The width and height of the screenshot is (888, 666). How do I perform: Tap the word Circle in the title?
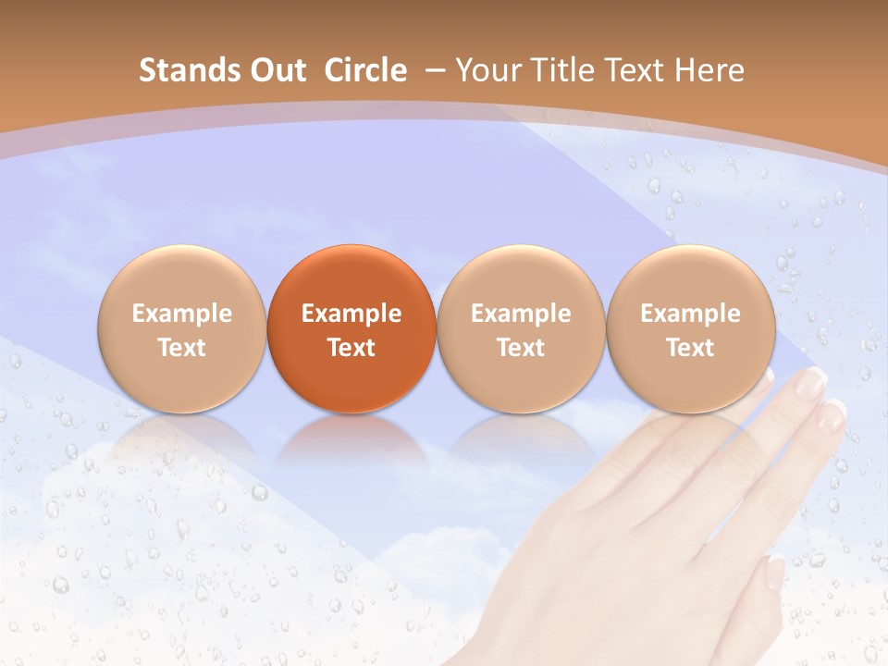pyautogui.click(x=365, y=70)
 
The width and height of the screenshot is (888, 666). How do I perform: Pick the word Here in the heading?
pyautogui.click(x=710, y=70)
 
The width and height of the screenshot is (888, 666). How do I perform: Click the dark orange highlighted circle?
pyautogui.click(x=351, y=328)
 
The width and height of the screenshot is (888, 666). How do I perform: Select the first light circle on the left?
pyautogui.click(x=182, y=328)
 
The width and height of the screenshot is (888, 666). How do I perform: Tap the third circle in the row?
pyautogui.click(x=521, y=328)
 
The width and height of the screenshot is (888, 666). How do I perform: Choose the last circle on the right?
pyautogui.click(x=690, y=328)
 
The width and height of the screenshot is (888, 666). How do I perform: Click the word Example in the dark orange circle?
pyautogui.click(x=351, y=314)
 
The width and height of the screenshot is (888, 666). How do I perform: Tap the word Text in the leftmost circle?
pyautogui.click(x=182, y=348)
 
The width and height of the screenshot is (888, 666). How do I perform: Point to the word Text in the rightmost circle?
pyautogui.click(x=690, y=348)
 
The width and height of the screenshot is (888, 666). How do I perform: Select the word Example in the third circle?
pyautogui.click(x=521, y=314)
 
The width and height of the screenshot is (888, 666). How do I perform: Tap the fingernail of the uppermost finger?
pyautogui.click(x=811, y=380)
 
